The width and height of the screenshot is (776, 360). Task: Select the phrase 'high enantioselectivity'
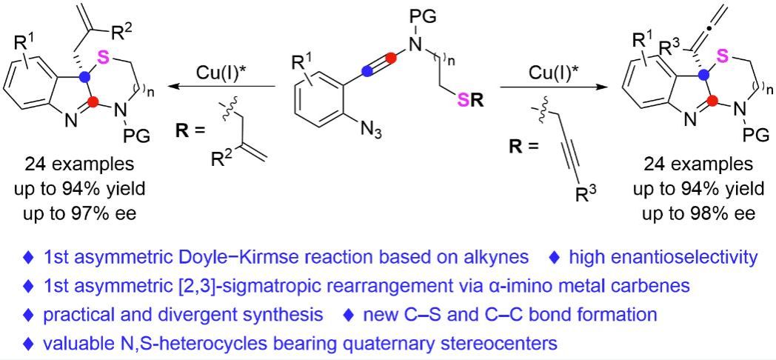click(663, 258)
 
